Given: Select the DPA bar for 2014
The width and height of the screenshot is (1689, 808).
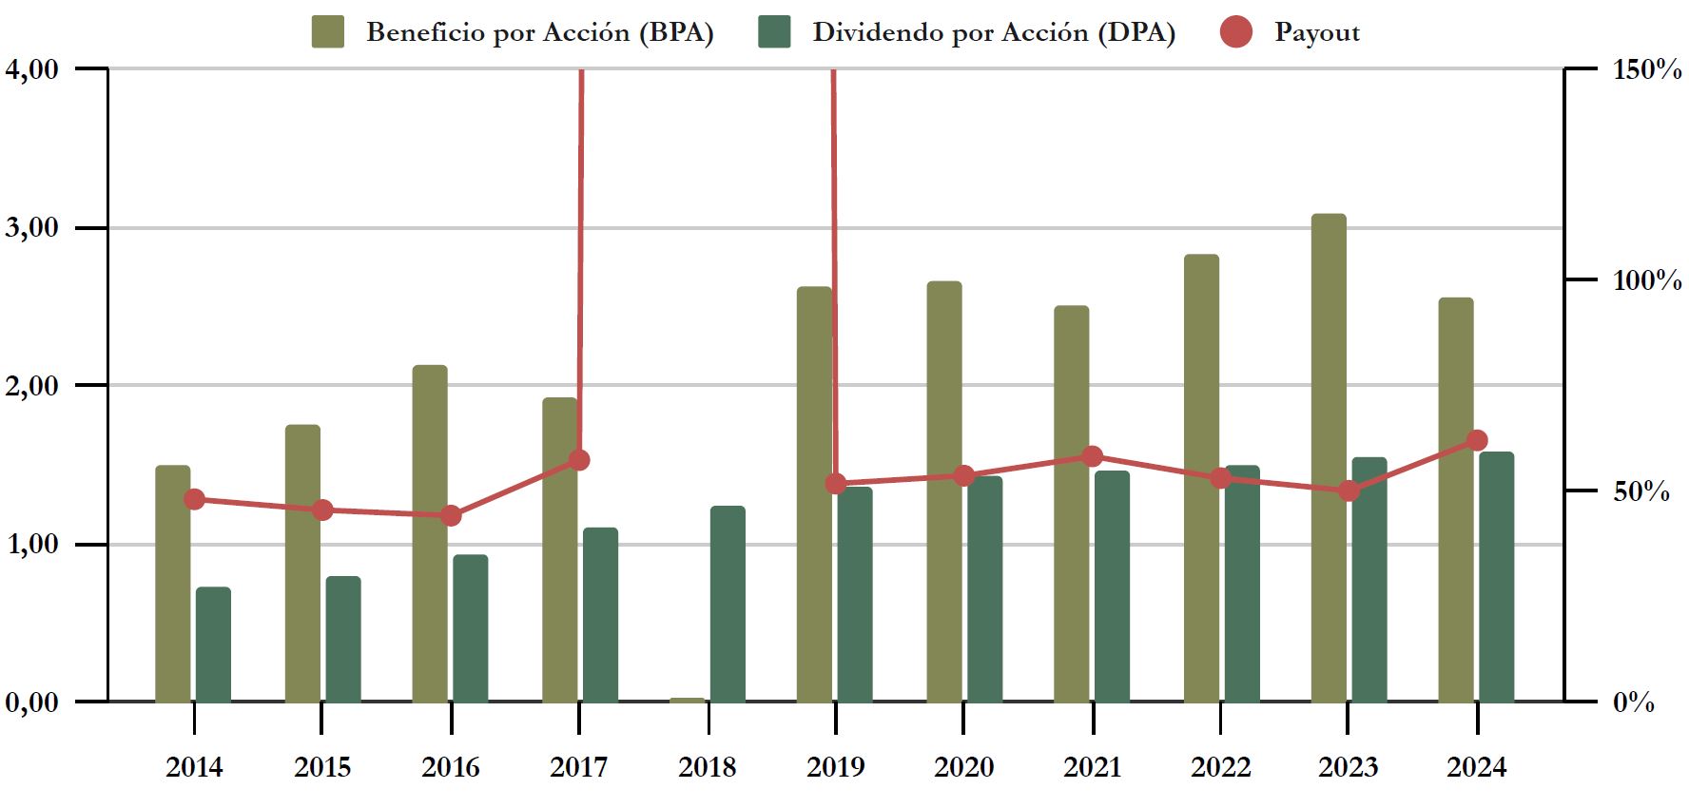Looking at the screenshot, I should point(213,644).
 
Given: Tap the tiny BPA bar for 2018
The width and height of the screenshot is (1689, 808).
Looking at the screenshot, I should point(688,700).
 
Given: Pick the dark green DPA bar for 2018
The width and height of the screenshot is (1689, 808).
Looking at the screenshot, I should point(728,604).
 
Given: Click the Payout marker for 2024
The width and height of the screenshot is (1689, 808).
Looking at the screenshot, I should point(1477,440).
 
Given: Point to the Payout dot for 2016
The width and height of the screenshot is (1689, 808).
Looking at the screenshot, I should point(451,515).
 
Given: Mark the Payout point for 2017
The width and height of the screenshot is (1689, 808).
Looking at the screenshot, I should point(579,460).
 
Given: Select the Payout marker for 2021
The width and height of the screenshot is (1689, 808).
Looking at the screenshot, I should point(1093,456).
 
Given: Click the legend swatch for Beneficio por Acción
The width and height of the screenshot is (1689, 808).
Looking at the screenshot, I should point(328,32).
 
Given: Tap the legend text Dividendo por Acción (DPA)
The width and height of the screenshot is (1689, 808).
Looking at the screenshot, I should point(994,32).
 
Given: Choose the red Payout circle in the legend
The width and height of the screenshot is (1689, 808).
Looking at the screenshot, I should point(1235,32).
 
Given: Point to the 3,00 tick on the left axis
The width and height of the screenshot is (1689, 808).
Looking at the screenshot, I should point(32,227).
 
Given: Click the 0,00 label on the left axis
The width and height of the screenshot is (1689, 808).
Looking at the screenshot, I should point(32,702).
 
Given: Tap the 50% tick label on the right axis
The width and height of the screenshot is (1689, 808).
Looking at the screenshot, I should point(1641,491).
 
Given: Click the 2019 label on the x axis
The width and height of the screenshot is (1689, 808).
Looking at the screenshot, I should point(835,766).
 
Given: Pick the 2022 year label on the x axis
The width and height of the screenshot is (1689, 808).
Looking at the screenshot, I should point(1220,766).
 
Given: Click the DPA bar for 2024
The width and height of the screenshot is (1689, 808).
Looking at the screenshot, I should point(1496,577).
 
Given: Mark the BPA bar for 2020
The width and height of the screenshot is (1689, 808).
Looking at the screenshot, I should point(944,491).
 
